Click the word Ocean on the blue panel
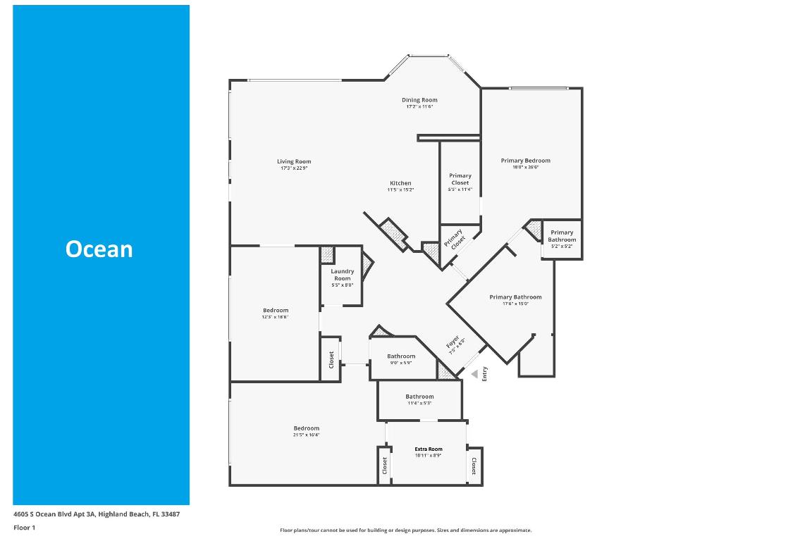[99, 249]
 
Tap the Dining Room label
[419, 100]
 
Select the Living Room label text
[294, 161]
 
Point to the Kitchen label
[400, 183]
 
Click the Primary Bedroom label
[525, 161]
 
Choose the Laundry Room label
[343, 275]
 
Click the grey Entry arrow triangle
[474, 373]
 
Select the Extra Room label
[428, 449]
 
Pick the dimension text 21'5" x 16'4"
[307, 435]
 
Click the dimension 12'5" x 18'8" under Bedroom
[276, 317]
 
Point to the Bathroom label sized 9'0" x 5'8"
[401, 356]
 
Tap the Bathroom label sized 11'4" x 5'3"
[419, 397]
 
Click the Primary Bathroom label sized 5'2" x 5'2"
[562, 236]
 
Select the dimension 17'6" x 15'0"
[515, 304]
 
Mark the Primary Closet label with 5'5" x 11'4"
[460, 179]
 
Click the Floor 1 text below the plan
[24, 527]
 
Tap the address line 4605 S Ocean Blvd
[97, 514]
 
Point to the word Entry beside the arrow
[485, 374]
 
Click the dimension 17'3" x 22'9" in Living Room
[294, 168]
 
